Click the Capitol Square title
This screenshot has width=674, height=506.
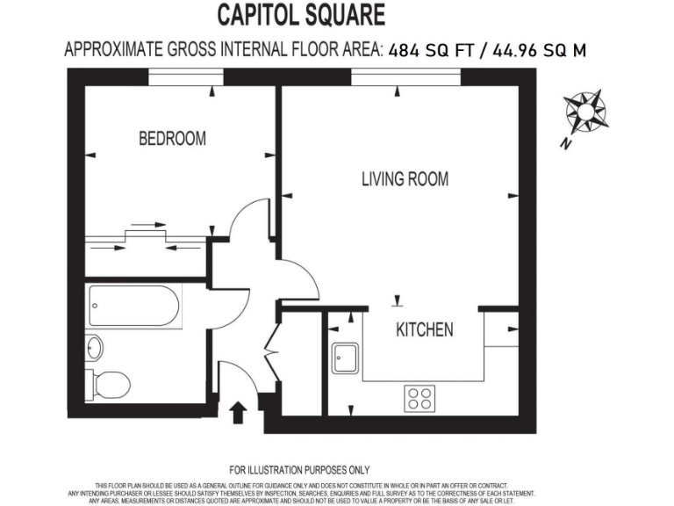tap(300, 15)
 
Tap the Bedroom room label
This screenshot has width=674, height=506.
tap(173, 139)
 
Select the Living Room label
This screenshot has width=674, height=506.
tap(405, 179)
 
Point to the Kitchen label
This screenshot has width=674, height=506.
tap(425, 330)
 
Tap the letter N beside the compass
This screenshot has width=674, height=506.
tap(567, 144)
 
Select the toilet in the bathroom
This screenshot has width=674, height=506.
tap(109, 383)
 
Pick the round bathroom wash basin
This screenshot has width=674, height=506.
tap(94, 348)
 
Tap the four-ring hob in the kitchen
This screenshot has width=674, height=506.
tap(420, 399)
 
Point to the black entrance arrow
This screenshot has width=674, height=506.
tap(237, 412)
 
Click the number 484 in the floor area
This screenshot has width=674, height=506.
tap(404, 50)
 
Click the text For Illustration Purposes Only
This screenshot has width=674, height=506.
tap(299, 470)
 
